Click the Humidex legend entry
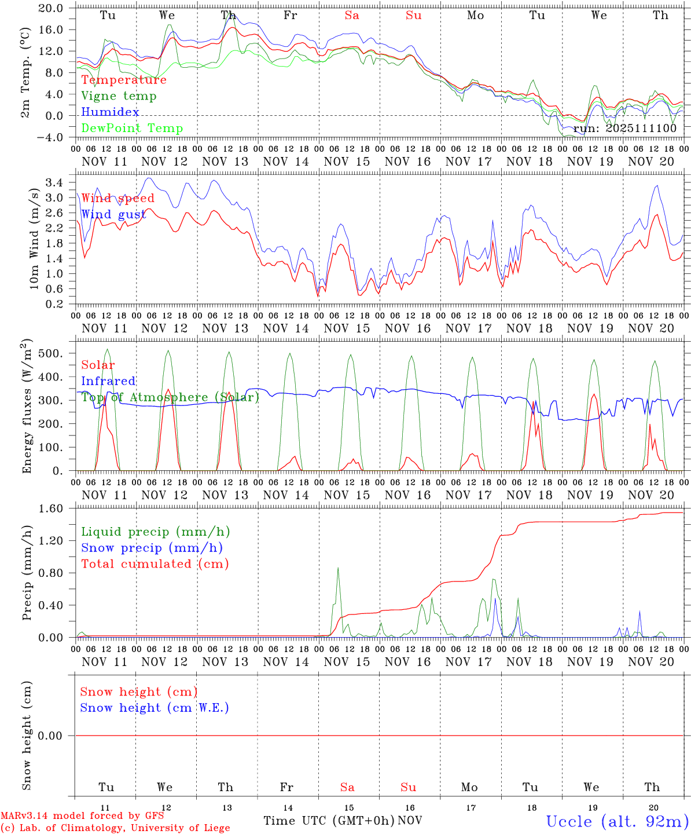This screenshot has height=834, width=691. (110, 112)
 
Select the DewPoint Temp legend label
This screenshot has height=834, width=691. (132, 129)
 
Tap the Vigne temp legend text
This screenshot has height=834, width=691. (119, 96)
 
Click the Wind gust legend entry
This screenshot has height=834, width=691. (113, 214)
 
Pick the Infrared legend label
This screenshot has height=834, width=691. (108, 381)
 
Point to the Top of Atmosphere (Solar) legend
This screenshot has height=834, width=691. (170, 397)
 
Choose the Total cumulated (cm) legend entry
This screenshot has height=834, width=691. (155, 564)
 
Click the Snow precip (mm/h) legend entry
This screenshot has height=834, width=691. (152, 548)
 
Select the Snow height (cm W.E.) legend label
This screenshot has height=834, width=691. (155, 708)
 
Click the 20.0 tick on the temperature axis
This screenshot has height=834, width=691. (51, 8)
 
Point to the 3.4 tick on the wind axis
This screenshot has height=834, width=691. (56, 183)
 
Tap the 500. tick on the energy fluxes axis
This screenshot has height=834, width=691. (53, 353)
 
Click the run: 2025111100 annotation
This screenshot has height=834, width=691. (625, 129)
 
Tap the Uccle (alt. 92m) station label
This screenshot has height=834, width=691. (618, 821)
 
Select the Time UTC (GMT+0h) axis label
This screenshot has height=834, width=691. (329, 821)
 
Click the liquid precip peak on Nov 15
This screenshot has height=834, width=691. (338, 568)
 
